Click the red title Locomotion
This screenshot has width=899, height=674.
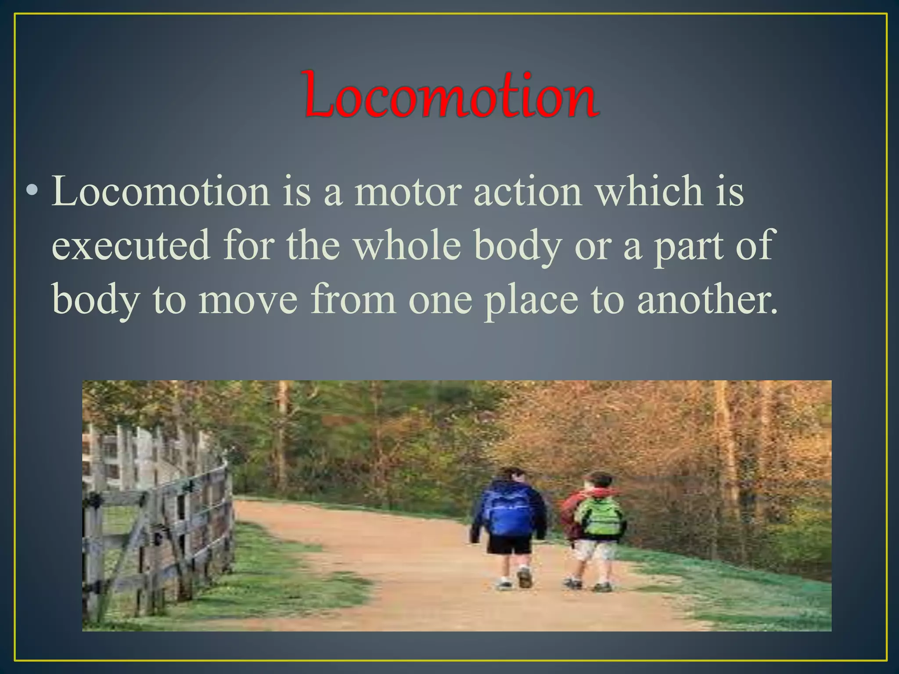pos(451,95)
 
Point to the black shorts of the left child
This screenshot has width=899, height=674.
pos(510,544)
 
